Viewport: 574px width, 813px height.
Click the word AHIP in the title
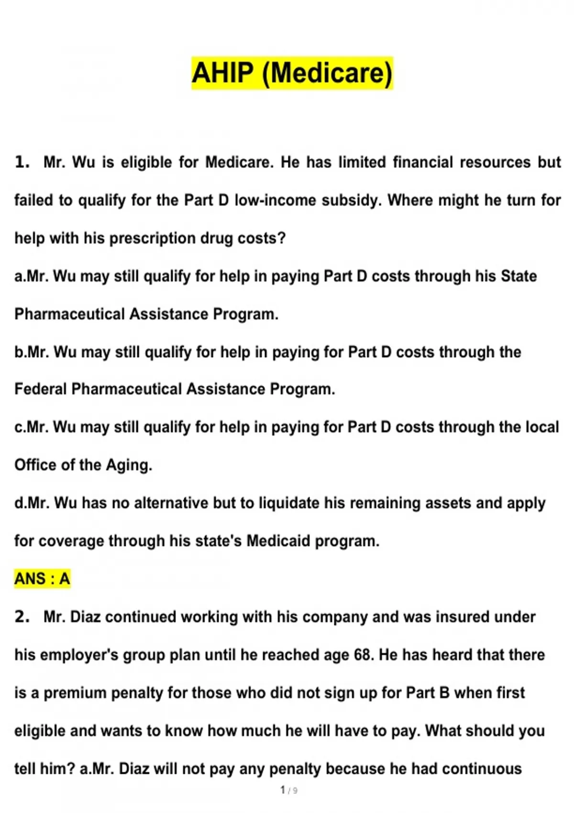222,73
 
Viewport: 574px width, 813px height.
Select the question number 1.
22,162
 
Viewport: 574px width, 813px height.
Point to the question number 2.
22,616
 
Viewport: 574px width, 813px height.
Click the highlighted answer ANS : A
42,579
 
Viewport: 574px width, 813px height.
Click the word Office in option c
34,465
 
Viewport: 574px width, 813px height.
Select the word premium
75,692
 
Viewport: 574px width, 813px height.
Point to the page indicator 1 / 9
288,790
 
